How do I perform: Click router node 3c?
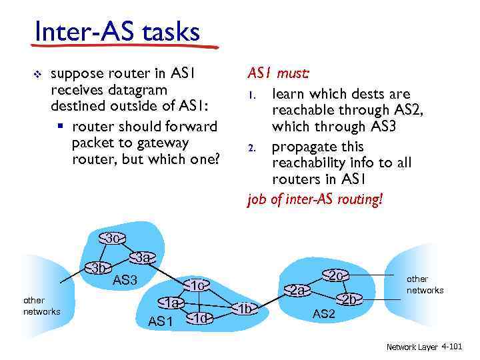coord(112,238)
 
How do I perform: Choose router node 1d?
coord(201,318)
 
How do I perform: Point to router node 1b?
coord(245,308)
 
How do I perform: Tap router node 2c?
coord(335,275)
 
